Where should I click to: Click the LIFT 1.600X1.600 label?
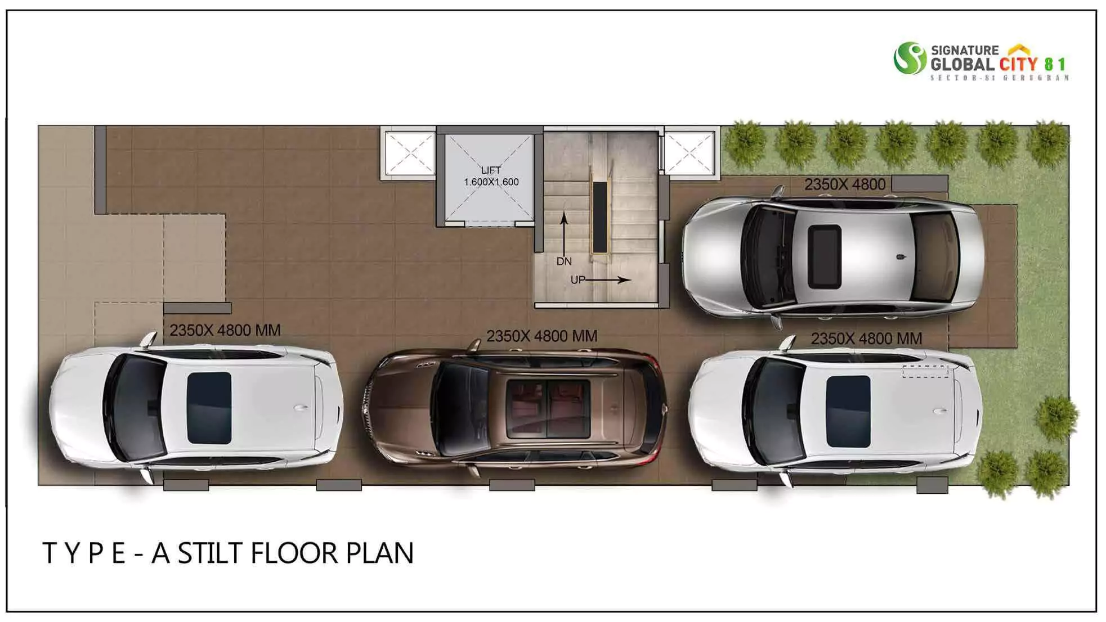pyautogui.click(x=491, y=176)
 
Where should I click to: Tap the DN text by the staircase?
pyautogui.click(x=564, y=262)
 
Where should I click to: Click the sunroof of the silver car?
pyautogui.click(x=825, y=256)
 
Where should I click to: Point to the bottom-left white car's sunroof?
pyautogui.click(x=209, y=408)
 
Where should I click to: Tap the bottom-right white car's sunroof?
pyautogui.click(x=848, y=411)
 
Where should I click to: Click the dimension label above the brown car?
pyautogui.click(x=541, y=336)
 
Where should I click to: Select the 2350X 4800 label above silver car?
pyautogui.click(x=844, y=184)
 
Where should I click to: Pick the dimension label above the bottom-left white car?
pyautogui.click(x=225, y=330)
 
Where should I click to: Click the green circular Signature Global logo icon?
pyautogui.click(x=910, y=58)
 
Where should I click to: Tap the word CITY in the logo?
pyautogui.click(x=1018, y=65)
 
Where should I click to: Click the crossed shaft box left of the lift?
pyautogui.click(x=409, y=153)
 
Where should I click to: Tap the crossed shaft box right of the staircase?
pyautogui.click(x=690, y=153)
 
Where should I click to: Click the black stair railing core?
pyautogui.click(x=599, y=217)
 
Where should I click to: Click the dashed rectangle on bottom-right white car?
pyautogui.click(x=925, y=371)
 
